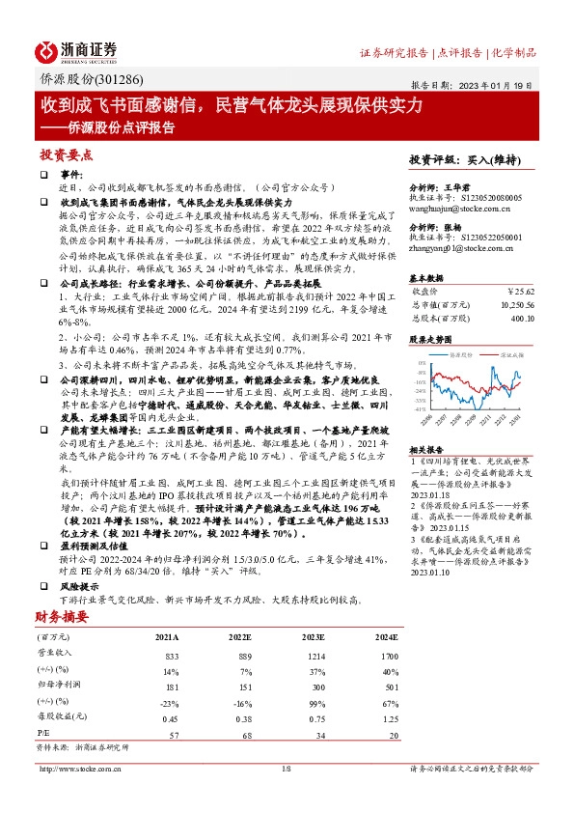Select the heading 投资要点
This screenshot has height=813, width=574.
point(66,154)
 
